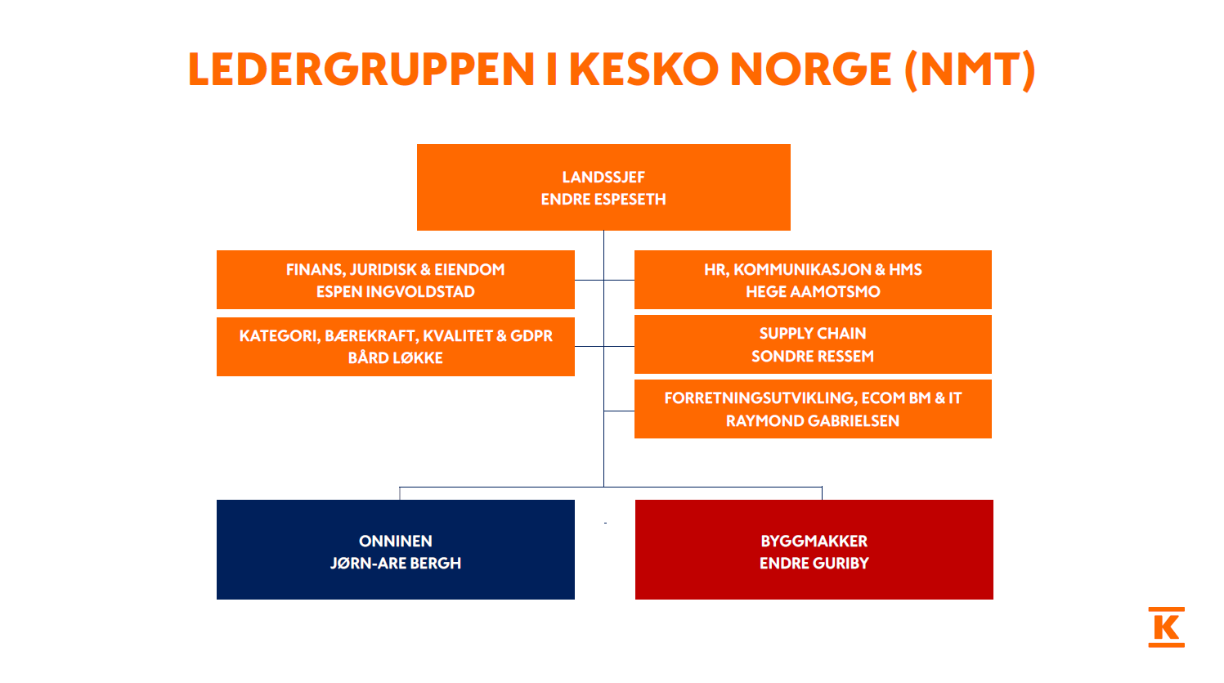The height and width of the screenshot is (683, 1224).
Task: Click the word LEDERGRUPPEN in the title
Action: click(361, 70)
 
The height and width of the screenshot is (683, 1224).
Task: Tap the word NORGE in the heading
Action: click(809, 70)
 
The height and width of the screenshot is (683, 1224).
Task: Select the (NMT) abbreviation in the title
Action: click(970, 70)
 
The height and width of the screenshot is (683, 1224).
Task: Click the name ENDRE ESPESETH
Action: click(603, 200)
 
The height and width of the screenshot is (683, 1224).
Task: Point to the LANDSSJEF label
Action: click(603, 177)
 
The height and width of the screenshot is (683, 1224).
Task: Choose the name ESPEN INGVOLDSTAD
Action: click(396, 292)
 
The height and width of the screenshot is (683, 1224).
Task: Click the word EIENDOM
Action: click(469, 270)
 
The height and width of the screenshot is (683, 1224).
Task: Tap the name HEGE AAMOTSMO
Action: click(813, 292)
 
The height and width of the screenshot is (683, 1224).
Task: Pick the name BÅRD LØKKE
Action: click(396, 358)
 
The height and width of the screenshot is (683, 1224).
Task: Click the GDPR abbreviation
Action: click(531, 336)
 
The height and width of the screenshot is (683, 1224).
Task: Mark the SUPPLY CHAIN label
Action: click(813, 334)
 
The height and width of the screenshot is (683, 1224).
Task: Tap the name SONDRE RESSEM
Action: click(813, 357)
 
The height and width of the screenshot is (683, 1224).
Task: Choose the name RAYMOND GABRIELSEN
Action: click(813, 421)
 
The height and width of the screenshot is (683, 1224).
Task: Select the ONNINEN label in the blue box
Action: click(396, 541)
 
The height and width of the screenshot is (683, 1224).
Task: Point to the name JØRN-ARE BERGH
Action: click(396, 564)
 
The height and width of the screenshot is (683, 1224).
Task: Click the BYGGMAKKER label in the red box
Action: click(814, 541)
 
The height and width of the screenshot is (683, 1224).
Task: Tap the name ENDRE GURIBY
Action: click(814, 564)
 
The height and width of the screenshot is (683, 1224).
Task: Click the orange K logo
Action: click(1167, 627)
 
